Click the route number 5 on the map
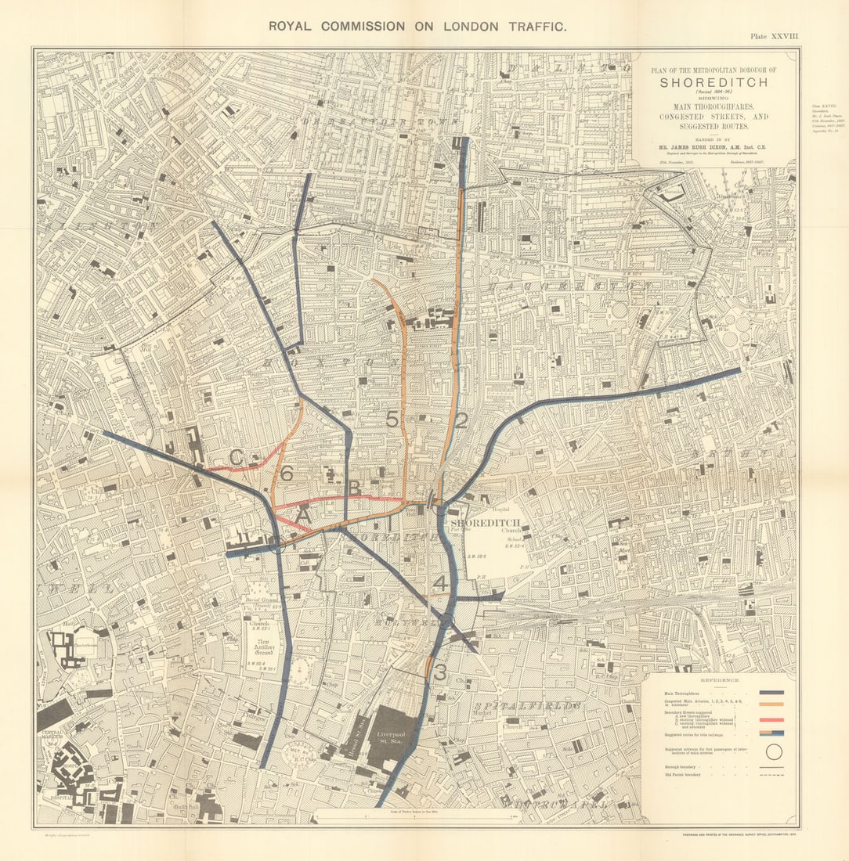392,420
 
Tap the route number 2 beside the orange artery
461,420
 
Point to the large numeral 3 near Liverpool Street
440,672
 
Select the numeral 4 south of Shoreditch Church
441,584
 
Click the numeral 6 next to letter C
287,474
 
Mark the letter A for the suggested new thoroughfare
303,516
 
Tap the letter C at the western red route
236,457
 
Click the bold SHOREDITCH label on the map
481,523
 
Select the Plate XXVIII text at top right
775,36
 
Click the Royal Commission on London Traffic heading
417,26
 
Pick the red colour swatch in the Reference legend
771,719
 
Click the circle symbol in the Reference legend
773,752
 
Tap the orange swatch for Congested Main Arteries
771,704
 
